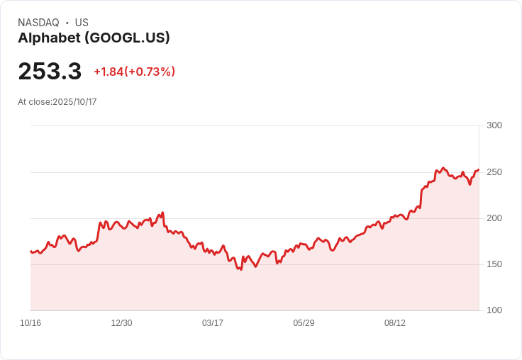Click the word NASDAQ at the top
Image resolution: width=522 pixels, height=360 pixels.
point(38,23)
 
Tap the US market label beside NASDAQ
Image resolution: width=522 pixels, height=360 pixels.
point(82,23)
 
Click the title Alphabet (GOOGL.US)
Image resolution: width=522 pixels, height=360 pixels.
point(94,38)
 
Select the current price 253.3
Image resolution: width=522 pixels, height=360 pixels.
point(50,71)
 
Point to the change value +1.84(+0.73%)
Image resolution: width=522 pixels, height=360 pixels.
point(135,72)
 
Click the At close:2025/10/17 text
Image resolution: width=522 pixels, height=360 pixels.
point(57,102)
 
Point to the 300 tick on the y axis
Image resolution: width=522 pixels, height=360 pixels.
point(494,125)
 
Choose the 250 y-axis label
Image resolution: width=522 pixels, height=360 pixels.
point(494,172)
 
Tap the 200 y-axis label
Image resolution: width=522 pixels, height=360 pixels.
point(494,218)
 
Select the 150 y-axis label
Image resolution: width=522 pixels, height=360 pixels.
point(494,264)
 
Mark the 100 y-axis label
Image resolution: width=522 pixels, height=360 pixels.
point(494,310)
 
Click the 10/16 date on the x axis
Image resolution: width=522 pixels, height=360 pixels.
point(30,323)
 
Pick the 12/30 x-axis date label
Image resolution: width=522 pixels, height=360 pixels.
point(121,323)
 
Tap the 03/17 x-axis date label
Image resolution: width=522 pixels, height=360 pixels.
point(213,323)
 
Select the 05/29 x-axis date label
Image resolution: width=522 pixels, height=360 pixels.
point(304,323)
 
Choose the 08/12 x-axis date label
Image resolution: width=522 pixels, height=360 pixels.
point(395,323)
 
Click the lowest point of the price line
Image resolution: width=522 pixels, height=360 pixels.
point(241,269)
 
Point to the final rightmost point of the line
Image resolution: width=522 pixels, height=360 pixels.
point(479,169)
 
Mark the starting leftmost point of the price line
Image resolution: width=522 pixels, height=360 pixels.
point(31,251)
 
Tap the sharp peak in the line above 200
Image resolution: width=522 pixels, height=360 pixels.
point(162,213)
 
